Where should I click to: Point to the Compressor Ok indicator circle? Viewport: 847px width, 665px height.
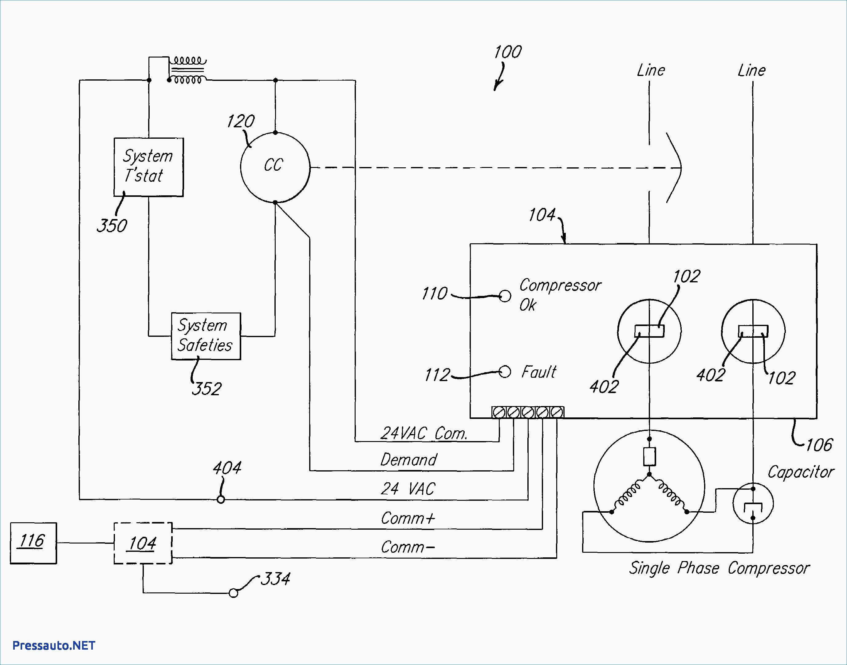click(x=505, y=296)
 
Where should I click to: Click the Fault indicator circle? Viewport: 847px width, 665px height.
click(x=505, y=372)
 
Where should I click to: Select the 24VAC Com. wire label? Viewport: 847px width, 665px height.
click(x=423, y=433)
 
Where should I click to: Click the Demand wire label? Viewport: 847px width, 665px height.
click(x=408, y=460)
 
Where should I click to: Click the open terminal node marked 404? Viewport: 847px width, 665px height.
click(x=221, y=499)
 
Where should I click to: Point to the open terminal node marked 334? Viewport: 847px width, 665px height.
click(x=234, y=593)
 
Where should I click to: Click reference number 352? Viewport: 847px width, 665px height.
click(x=207, y=388)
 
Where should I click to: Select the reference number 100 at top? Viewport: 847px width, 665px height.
click(x=508, y=52)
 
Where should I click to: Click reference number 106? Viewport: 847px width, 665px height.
click(x=819, y=445)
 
